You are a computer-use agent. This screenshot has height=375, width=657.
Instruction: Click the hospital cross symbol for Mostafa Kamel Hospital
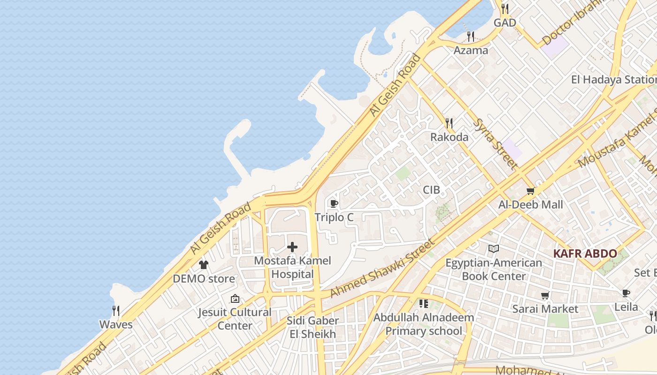pyautogui.click(x=292, y=247)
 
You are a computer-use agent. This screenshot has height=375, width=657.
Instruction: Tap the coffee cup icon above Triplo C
pyautogui.click(x=334, y=203)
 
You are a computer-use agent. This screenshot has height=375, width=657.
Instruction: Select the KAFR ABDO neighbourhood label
pyautogui.click(x=585, y=254)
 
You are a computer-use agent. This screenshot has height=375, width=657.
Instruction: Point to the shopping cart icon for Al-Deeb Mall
pyautogui.click(x=530, y=191)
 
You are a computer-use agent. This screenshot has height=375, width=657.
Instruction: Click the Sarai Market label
pyautogui.click(x=545, y=309)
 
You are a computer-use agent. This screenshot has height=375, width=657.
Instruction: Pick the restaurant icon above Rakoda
pyautogui.click(x=449, y=123)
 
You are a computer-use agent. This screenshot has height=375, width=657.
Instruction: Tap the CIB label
pyautogui.click(x=431, y=190)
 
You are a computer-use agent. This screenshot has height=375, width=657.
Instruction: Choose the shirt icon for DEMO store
pyautogui.click(x=203, y=265)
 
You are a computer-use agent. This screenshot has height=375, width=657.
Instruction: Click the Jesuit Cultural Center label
pyautogui.click(x=235, y=319)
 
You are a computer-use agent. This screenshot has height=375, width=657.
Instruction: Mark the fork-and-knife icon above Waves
pyautogui.click(x=116, y=310)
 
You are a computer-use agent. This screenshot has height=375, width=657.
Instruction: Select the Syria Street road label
pyautogui.click(x=495, y=143)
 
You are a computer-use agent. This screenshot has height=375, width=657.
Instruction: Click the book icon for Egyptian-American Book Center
pyautogui.click(x=493, y=249)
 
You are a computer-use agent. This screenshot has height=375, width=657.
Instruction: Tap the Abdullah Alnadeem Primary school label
pyautogui.click(x=424, y=324)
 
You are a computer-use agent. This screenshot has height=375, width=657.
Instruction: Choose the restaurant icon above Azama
pyautogui.click(x=471, y=36)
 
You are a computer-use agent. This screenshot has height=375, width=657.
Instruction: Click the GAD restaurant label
pyautogui.click(x=504, y=22)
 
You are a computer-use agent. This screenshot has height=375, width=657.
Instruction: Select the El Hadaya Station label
pyautogui.click(x=613, y=80)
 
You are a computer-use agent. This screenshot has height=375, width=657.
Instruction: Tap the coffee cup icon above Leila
pyautogui.click(x=626, y=293)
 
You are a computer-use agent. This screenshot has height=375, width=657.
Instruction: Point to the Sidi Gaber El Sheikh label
pyautogui.click(x=313, y=328)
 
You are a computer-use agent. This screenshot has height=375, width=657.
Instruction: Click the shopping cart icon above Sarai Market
pyautogui.click(x=545, y=296)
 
